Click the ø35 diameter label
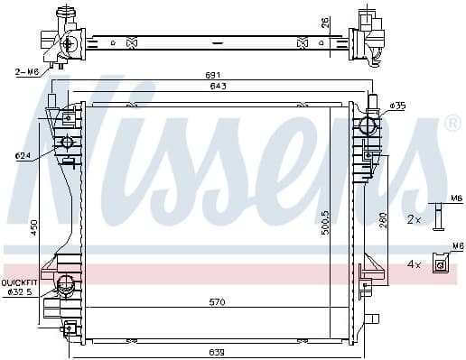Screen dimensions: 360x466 [x=398, y=106]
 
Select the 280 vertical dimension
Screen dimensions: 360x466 [x=385, y=220]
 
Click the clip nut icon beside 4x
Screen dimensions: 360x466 [x=441, y=263]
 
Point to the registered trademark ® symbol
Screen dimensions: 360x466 [x=452, y=122]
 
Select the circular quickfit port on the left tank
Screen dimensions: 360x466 [x=66, y=287]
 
